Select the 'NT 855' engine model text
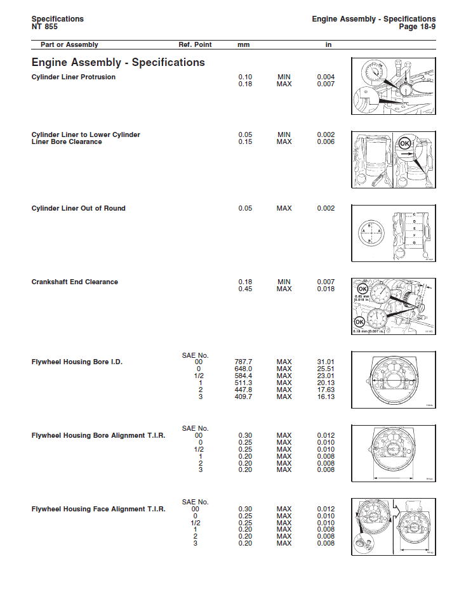[x=44, y=27]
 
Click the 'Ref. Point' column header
[x=195, y=45]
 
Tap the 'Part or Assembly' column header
[x=69, y=45]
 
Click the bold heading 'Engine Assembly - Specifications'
[x=118, y=62]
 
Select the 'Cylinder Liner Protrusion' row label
[x=73, y=77]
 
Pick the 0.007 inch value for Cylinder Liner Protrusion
[x=326, y=84]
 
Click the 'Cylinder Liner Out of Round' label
[x=78, y=208]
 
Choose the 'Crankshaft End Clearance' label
[x=74, y=282]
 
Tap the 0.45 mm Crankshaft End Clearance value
[x=245, y=289]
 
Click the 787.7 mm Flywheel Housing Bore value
[x=244, y=362]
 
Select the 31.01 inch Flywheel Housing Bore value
[x=326, y=362]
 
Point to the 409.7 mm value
[x=244, y=397]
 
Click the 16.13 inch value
[x=326, y=397]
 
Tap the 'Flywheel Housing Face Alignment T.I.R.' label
[x=98, y=509]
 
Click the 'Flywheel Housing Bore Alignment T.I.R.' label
[x=98, y=436]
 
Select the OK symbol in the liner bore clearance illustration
[x=404, y=144]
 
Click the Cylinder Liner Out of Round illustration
[x=393, y=233]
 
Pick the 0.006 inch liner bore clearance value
[x=326, y=141]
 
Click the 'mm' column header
[x=244, y=45]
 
